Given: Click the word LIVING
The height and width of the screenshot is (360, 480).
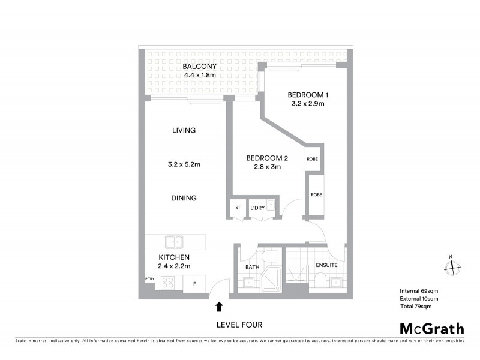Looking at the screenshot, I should pos(184,130).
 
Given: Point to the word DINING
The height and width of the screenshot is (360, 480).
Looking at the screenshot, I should pos(184,198).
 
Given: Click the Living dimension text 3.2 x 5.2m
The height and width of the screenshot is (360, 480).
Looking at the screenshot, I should pos(184,164).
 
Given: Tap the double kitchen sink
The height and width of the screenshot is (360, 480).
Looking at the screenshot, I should pos(174,242).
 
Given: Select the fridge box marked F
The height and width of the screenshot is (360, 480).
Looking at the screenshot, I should pos(194,283).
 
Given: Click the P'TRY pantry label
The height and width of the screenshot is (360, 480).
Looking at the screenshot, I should pos(149,279).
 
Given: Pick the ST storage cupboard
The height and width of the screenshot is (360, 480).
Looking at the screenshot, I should pos(238,208).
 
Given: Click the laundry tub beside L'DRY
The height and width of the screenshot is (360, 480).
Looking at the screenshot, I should pos(271,206).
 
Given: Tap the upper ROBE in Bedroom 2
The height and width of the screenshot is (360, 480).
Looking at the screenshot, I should pos(313,159).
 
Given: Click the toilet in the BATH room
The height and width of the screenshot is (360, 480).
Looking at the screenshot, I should pos(272,257).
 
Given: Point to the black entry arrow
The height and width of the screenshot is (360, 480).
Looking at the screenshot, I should pos(219,307).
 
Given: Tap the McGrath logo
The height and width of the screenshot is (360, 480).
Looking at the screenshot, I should pos(432,328).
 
